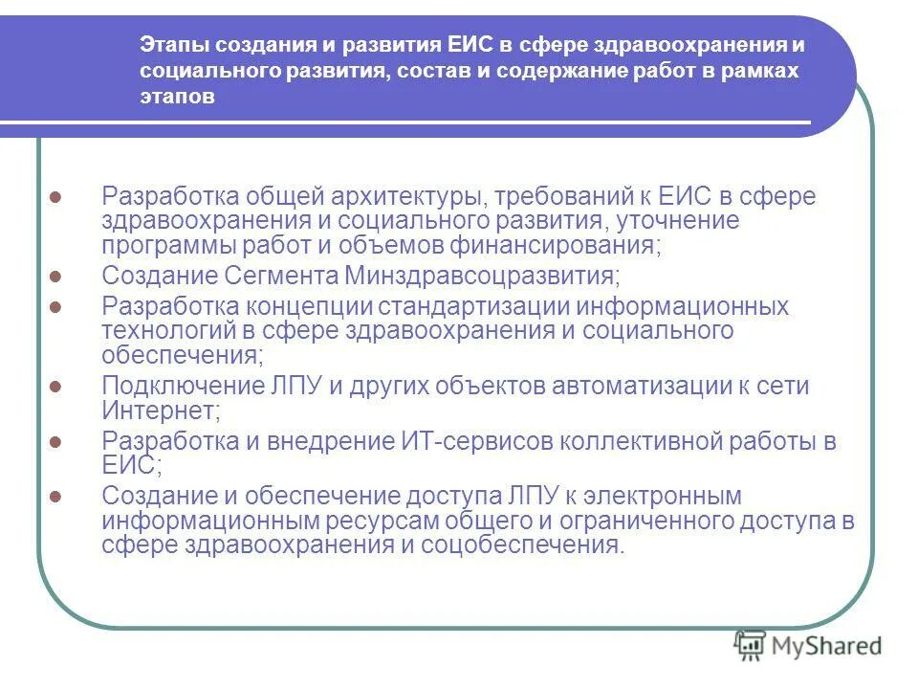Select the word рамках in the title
click(x=763, y=72)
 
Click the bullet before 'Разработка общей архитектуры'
click(x=55, y=196)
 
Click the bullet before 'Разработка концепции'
click(x=55, y=307)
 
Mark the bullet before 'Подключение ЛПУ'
click(x=55, y=386)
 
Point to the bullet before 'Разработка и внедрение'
click(x=55, y=442)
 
